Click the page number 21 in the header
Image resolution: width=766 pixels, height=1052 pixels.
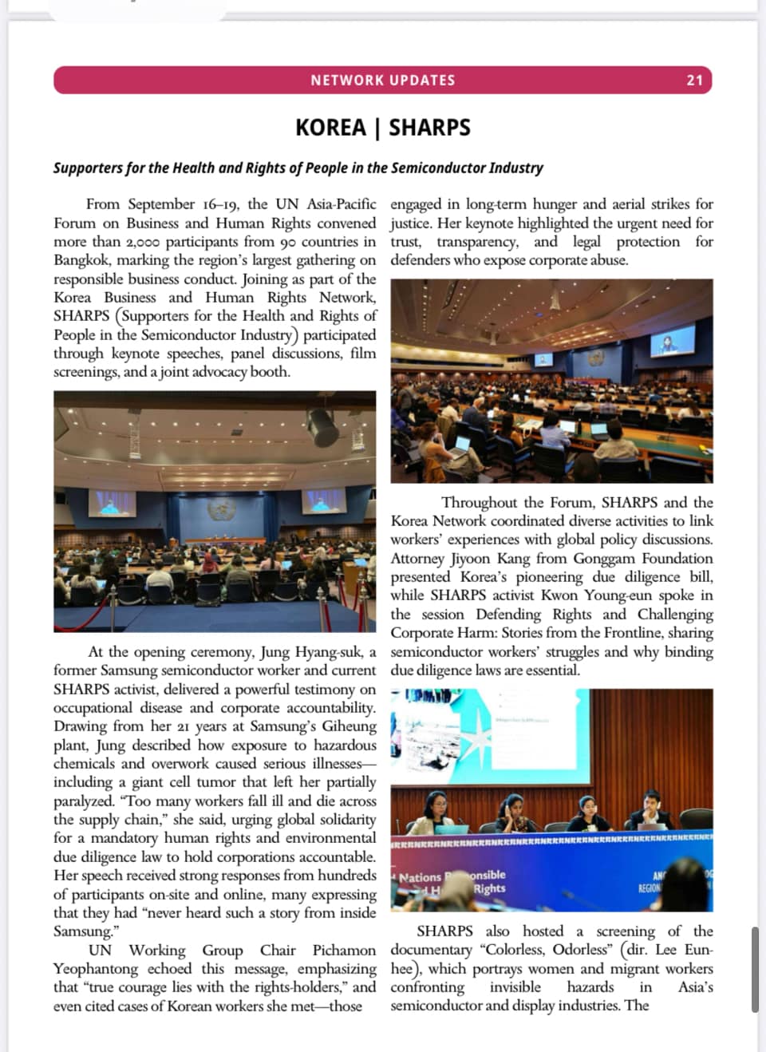[694, 80]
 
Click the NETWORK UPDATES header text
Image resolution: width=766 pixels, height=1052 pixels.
[383, 80]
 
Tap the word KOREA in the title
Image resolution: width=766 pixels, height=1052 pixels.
[330, 128]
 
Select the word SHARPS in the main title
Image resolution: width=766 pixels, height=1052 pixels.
[429, 128]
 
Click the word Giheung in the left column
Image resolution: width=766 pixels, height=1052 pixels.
[349, 726]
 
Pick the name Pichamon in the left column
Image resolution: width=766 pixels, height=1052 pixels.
[344, 951]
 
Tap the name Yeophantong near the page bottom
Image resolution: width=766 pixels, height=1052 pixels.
[96, 969]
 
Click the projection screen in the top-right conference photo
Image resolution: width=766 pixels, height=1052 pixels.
[672, 341]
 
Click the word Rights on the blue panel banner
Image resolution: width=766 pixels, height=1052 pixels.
[489, 888]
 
